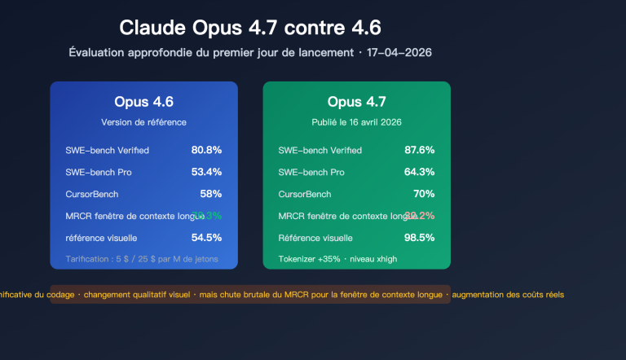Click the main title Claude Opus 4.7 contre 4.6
(249, 28)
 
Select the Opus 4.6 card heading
(143, 102)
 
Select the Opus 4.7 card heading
(356, 102)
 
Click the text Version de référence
(143, 122)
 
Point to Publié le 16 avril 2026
(356, 122)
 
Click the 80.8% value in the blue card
(206, 150)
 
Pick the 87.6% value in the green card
(419, 150)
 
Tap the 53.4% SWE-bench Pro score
(206, 172)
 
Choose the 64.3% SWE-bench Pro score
(419, 172)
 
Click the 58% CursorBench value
(211, 194)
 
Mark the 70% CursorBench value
(424, 194)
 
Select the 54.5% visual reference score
(206, 238)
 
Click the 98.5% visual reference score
(419, 238)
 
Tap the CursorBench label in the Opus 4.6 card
(92, 195)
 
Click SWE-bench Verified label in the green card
(320, 151)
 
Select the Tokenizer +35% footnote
(337, 259)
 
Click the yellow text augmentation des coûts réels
(507, 294)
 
